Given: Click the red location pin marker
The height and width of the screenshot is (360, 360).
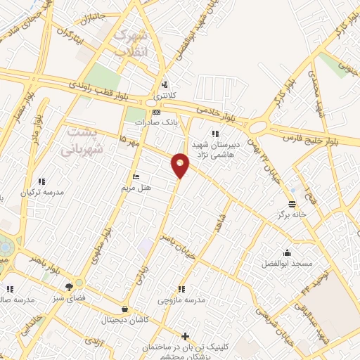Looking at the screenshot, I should click(x=181, y=164).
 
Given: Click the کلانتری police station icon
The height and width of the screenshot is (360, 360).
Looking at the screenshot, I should click(x=164, y=82).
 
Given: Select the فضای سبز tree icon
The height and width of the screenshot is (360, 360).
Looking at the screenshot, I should click(x=69, y=287).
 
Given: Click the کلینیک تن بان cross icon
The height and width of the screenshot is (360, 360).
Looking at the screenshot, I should click(x=185, y=337).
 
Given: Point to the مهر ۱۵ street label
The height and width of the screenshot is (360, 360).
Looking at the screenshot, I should click(x=129, y=141).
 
